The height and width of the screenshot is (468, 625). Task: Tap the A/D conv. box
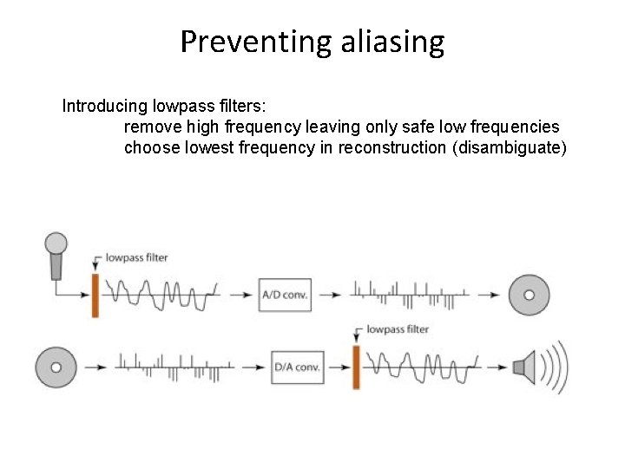tap(285, 295)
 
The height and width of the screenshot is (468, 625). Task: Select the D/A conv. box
tap(297, 367)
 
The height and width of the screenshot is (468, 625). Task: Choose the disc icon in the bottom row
tap(56, 367)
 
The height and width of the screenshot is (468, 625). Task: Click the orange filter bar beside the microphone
tap(95, 295)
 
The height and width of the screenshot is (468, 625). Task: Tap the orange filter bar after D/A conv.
tap(356, 367)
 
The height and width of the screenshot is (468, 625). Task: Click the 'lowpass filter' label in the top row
tap(137, 257)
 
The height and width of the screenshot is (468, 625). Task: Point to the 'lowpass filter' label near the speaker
tap(398, 329)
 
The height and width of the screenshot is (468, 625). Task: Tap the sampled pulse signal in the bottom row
tap(174, 367)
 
